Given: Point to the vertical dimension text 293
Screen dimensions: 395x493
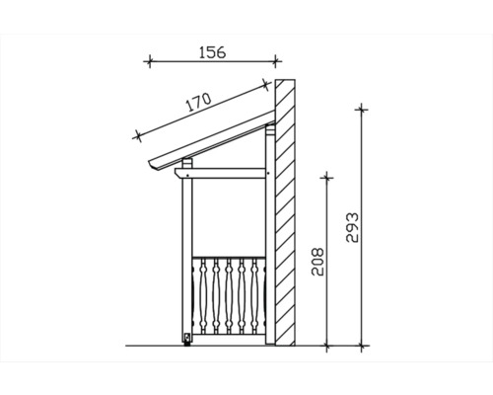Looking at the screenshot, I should click(353, 229).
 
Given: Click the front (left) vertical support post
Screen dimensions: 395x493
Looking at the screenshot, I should click(185, 257).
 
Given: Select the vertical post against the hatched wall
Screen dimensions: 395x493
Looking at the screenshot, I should click(267, 237).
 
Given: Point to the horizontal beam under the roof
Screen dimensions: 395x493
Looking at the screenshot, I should click(222, 174).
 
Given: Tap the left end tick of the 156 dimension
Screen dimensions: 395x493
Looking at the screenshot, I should click(149, 61).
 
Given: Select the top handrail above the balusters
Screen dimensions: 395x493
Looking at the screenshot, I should click(227, 256).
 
